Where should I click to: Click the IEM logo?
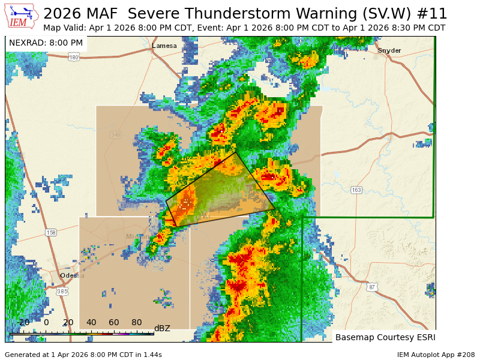pos(22,16)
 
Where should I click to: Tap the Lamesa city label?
pos(164,46)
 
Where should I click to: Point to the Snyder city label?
pos(389,50)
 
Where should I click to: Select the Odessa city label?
pos(72,275)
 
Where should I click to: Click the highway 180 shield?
pos(74,57)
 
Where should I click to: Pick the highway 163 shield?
pos(356,190)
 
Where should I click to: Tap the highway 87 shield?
pos(372,287)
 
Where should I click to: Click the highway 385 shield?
pos(62,292)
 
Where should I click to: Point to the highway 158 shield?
pos(51,232)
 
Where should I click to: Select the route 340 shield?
pos(115,135)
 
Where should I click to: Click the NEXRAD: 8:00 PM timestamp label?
pos(46,43)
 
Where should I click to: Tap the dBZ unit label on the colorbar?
pos(162,328)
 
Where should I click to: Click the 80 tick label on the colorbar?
pos(137,322)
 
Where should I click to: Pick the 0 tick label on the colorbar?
pos(46,322)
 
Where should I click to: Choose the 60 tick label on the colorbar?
pos(114,322)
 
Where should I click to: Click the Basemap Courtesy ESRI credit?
pos(384,337)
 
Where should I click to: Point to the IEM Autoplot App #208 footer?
pos(436,355)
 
